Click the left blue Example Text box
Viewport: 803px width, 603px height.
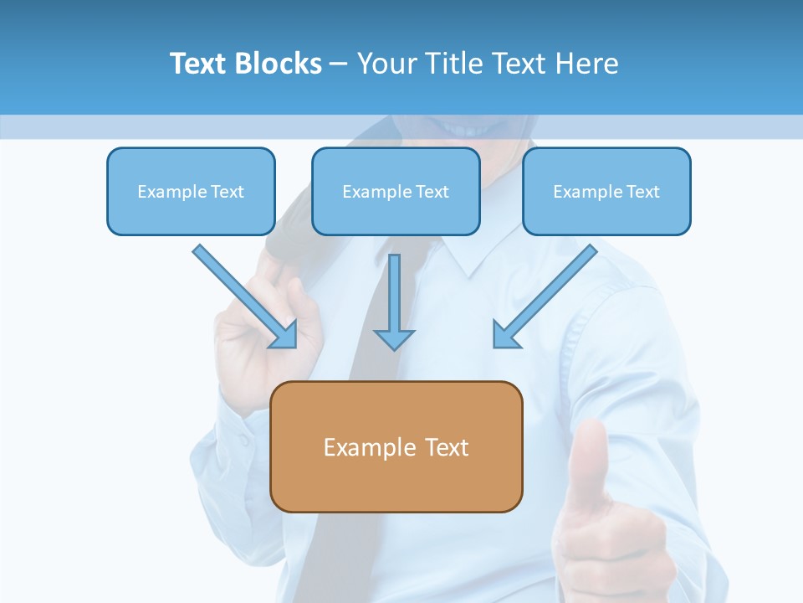coord(191,191)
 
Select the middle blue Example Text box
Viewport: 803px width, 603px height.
coord(396,191)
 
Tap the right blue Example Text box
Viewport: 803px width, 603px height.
coord(606,191)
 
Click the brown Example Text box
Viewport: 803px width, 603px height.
coord(396,446)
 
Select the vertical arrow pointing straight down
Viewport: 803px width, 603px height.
coord(394,301)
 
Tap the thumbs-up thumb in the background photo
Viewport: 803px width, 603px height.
coord(592,461)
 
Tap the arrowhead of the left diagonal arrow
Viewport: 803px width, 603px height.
coord(284,335)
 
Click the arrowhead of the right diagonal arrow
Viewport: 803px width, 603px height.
coord(505,335)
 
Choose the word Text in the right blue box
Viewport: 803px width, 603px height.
coord(643,192)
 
